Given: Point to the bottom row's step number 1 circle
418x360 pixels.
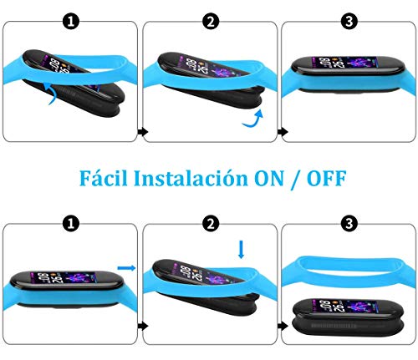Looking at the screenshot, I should click(70, 223).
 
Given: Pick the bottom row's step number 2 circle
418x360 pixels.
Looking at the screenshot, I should click(211, 223).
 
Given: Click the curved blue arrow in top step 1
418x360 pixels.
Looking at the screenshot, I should click(51, 95).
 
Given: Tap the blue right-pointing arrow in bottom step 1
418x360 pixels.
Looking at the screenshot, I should click(125, 267).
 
